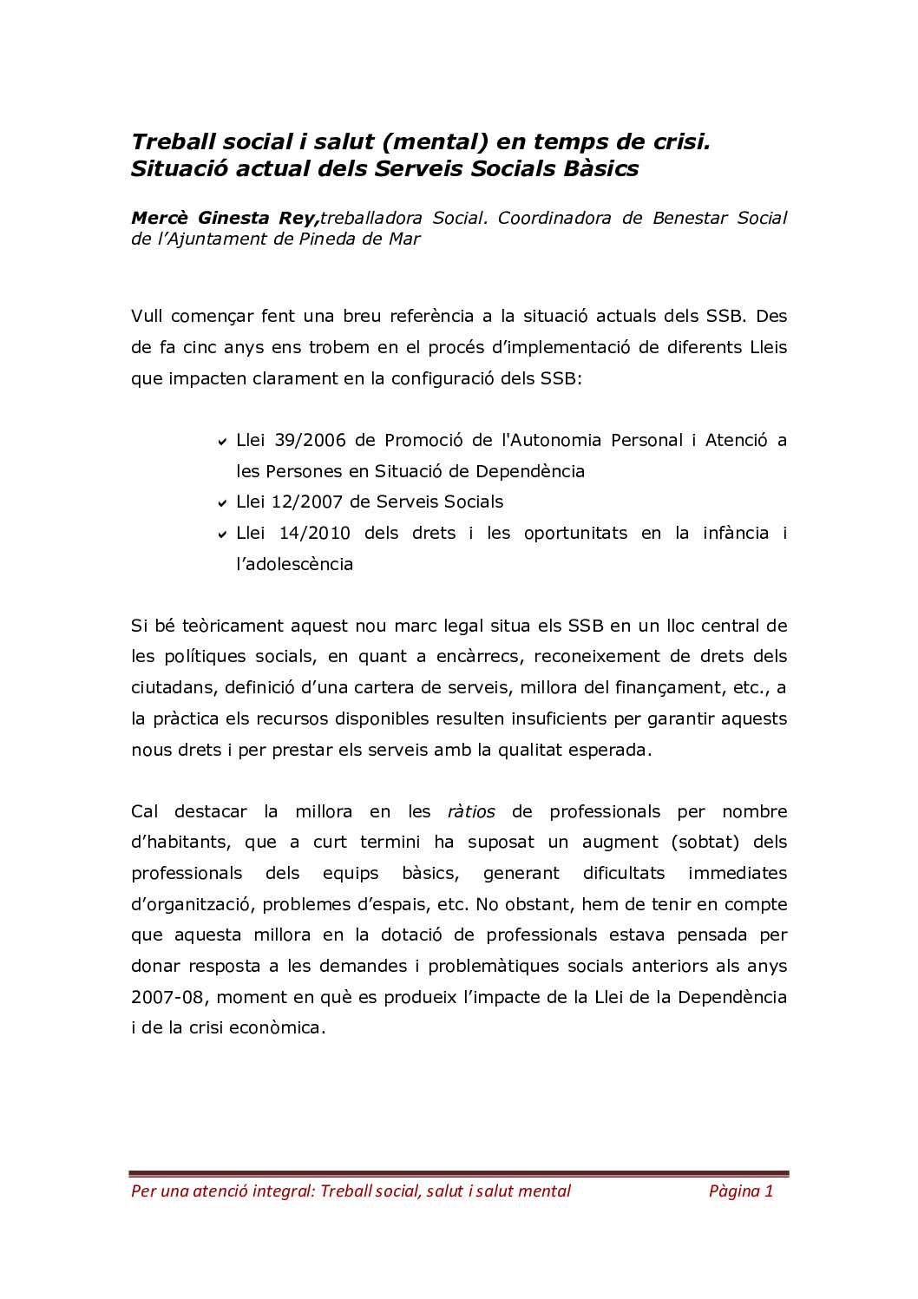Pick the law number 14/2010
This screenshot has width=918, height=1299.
pos(314,533)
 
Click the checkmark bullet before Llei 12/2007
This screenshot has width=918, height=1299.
pos(223,503)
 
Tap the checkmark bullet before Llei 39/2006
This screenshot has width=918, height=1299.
pos(223,442)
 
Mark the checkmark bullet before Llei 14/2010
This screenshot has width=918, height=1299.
pos(223,535)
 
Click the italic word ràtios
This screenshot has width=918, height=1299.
pos(471,811)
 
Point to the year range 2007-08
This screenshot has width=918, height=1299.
pos(168,997)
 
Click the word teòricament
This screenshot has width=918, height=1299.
pos(233,626)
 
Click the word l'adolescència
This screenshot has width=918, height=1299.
pos(294,564)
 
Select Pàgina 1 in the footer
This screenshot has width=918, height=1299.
pos(740,1191)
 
